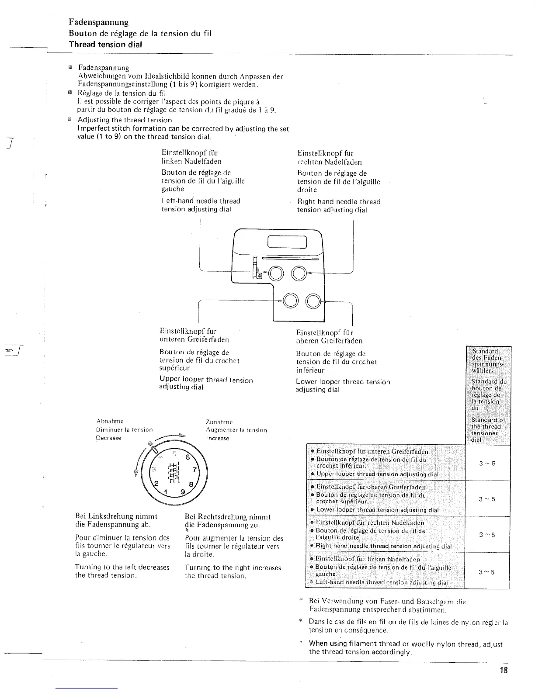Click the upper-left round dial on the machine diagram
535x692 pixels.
276,274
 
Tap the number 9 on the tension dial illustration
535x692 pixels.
183,492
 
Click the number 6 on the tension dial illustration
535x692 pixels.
188,457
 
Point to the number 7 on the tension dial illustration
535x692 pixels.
195,470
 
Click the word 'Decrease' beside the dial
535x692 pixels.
108,438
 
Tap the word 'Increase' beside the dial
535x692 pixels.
217,438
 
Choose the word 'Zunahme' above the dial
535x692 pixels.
219,422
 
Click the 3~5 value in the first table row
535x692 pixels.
486,464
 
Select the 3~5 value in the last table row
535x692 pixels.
486,572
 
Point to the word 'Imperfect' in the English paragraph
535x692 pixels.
92,128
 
